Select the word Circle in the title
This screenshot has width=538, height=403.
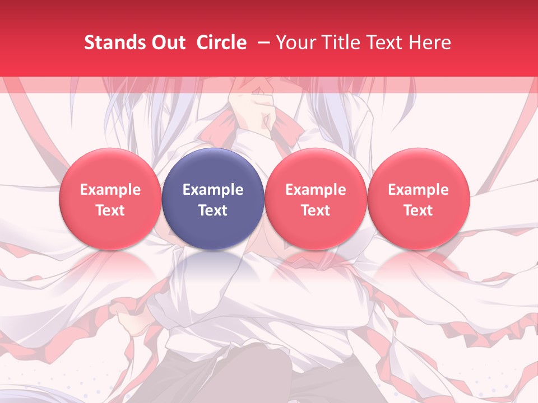[221, 43]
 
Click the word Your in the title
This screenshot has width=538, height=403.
[295, 43]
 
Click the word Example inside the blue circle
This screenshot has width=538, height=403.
[213, 190]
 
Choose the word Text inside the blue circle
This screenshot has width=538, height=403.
[213, 210]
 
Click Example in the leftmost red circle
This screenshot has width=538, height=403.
[110, 190]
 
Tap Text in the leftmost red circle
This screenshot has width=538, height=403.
[110, 210]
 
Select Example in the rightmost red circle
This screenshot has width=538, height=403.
[419, 190]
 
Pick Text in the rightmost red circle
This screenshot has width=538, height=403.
[419, 210]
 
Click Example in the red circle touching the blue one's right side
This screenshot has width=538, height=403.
[316, 190]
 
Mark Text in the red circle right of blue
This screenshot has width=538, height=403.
[316, 210]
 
